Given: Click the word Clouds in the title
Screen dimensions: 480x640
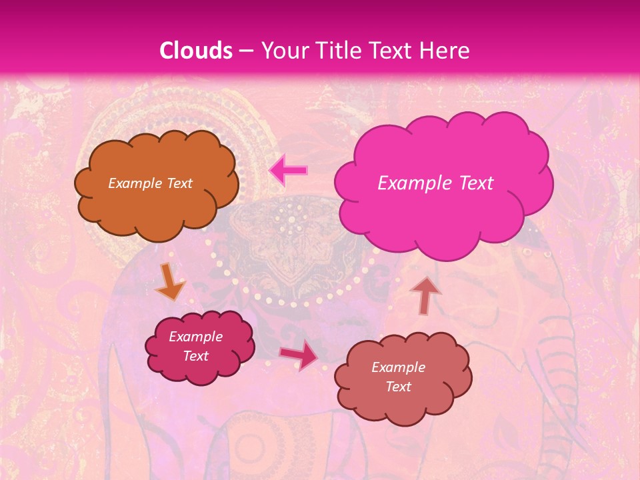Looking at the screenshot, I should click(195, 51).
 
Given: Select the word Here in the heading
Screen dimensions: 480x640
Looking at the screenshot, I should click(445, 51).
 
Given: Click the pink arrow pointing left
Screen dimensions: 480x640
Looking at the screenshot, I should click(288, 170).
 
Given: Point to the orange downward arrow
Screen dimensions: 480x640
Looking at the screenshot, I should click(170, 281).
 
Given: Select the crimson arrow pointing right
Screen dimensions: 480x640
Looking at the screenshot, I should click(298, 355).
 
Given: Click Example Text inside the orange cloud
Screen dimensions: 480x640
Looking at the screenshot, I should click(150, 183).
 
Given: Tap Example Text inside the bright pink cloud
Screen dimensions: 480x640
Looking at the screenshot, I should click(435, 183).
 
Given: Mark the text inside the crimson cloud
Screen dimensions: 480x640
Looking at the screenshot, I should click(195, 346).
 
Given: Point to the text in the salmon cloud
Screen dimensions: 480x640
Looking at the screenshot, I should click(398, 377).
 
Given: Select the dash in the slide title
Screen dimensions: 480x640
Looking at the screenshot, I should click(245, 51).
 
